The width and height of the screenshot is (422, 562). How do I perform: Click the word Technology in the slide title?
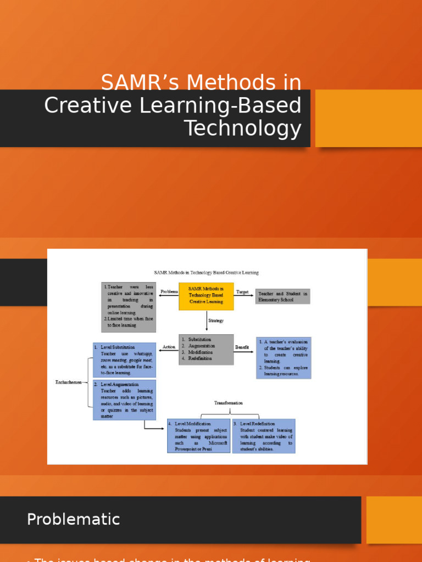pos(242,128)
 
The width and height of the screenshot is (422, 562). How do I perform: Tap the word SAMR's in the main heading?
pos(139,83)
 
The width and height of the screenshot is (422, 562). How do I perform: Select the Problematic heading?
pos(73,519)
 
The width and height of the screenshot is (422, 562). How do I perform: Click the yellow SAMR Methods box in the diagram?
pos(206,295)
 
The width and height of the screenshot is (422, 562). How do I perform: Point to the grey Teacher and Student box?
pos(282,296)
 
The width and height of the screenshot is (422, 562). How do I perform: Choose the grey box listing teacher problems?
pos(129,307)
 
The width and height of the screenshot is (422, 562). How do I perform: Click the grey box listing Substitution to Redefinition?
pos(206,350)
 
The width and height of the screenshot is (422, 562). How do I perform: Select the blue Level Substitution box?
pos(124,360)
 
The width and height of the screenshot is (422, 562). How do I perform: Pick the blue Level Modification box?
pos(198,436)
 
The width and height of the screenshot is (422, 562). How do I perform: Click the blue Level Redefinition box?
pos(263,436)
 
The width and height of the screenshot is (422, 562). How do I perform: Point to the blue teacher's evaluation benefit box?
pos(283,358)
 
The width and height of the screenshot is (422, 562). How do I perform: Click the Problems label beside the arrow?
pos(169,292)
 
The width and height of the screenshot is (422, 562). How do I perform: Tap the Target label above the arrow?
pos(242,292)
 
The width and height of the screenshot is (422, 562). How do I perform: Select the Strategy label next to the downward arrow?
pos(215,321)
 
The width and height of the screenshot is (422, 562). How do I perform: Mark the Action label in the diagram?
pos(169,347)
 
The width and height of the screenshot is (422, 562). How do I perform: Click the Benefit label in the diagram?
pos(242,347)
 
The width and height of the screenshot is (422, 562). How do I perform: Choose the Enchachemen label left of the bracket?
pos(69,382)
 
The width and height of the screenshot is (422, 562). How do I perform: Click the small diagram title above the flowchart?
pos(206,272)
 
